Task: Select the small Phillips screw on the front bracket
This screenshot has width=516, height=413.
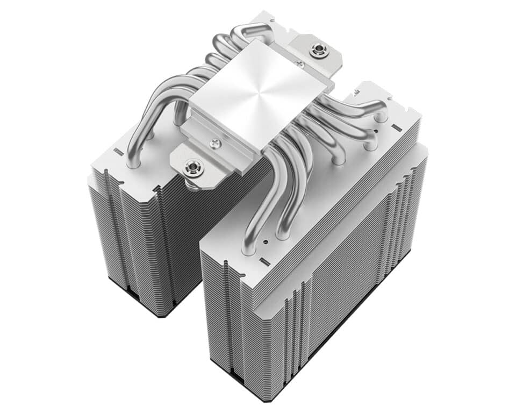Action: click(216, 143)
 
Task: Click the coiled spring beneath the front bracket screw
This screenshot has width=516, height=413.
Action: click(191, 183)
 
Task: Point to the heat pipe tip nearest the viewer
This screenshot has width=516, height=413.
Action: click(249, 247)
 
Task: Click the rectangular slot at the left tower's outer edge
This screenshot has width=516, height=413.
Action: click(119, 153)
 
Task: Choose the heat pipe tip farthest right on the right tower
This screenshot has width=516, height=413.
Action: click(381, 115)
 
